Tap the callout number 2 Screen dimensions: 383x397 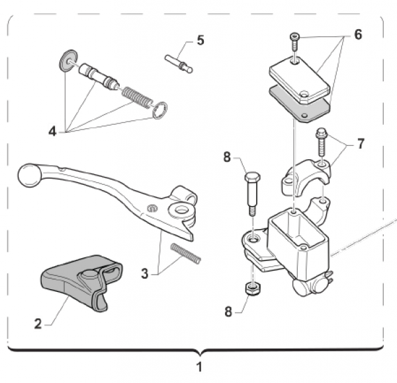(38, 324)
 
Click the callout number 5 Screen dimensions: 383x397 (200, 40)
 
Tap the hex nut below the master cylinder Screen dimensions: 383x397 (251, 289)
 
